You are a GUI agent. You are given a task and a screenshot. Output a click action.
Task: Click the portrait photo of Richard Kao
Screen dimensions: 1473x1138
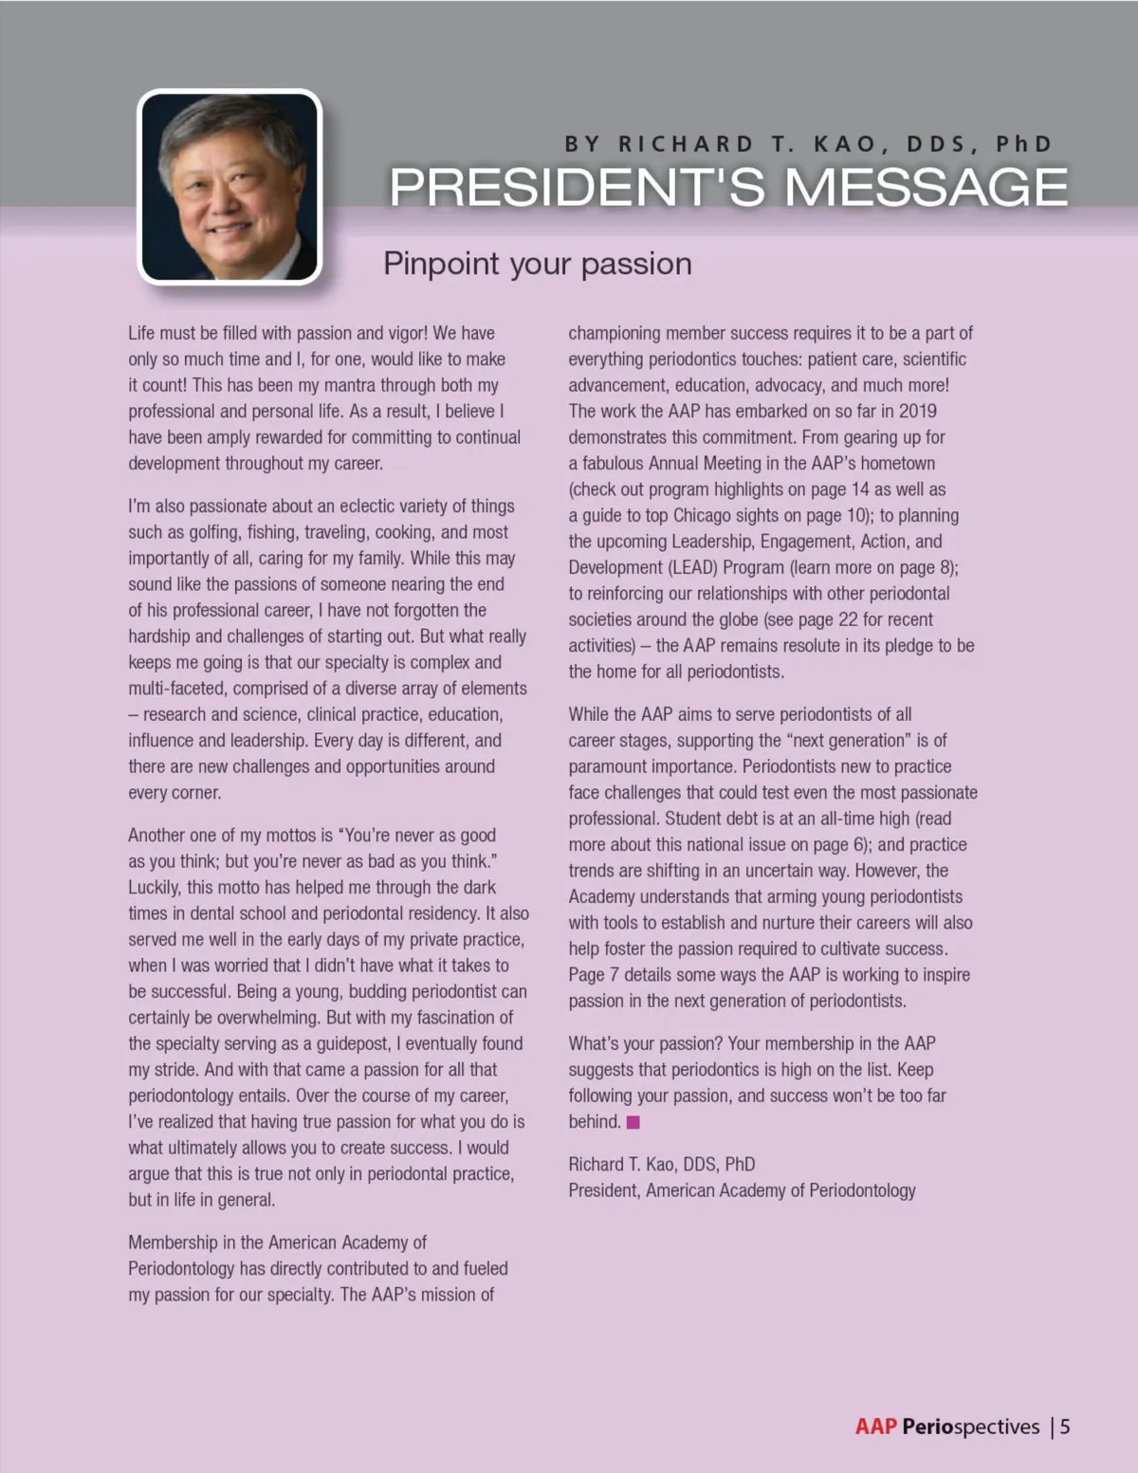coord(229,186)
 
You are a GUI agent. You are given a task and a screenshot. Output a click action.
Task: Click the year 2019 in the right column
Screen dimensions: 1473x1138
coord(915,411)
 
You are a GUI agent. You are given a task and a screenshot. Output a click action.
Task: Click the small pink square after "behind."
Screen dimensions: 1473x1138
coord(633,1122)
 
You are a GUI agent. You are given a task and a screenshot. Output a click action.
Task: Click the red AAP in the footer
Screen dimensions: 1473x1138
coord(875,1427)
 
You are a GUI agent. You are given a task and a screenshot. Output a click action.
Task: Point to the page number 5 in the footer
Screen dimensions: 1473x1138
coord(1065,1427)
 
